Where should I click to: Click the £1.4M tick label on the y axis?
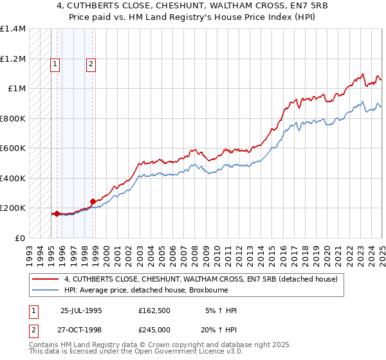click(13, 29)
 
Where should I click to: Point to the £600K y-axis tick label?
click(13, 148)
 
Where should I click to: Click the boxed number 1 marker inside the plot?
click(56, 63)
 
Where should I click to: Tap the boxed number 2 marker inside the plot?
click(91, 63)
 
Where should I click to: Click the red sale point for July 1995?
click(57, 213)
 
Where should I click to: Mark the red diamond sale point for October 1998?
click(93, 201)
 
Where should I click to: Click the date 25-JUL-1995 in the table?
click(81, 310)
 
